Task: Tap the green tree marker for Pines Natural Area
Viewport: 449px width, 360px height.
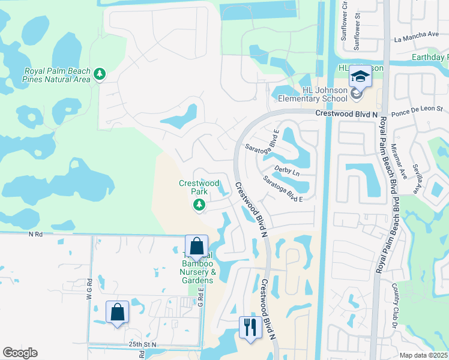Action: [100, 74]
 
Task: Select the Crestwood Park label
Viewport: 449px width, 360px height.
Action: [199, 187]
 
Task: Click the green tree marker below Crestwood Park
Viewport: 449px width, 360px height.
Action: [199, 206]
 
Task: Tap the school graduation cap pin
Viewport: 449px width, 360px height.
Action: [360, 76]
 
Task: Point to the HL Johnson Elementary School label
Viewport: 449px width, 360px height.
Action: [325, 94]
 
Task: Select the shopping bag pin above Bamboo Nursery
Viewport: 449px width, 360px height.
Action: [196, 246]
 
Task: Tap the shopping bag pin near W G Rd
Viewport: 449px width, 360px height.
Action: [117, 313]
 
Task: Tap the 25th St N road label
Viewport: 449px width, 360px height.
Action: [142, 345]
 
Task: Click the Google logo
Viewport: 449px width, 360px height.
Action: [20, 353]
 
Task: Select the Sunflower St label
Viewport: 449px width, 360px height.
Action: [358, 34]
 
